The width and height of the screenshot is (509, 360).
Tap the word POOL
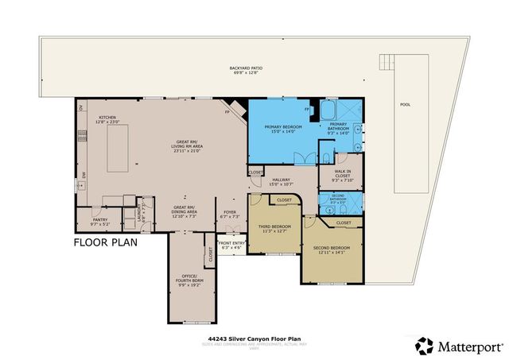pos(406,105)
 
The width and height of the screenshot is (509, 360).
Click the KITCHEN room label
pos(108,120)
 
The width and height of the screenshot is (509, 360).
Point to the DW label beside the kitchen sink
pos(83,175)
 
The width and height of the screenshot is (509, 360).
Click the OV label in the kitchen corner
pos(80,106)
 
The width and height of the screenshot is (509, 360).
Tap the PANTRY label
pos(99,222)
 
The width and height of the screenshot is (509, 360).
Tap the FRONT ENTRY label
pos(231,245)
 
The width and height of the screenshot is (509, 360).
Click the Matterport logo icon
pos(425,344)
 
